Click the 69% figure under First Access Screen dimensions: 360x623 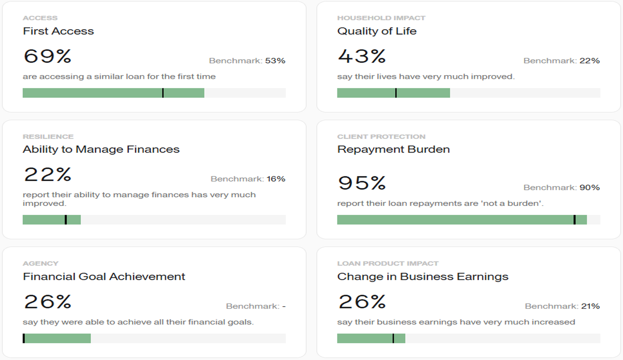pos(48,56)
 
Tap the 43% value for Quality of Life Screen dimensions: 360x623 pos(362,56)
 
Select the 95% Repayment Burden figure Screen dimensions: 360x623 pos(362,183)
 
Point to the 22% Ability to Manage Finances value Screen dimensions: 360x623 pos(48,174)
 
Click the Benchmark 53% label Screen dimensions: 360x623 pos(247,61)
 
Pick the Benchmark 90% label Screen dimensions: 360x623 pos(561,188)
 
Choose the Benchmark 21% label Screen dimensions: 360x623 pos(562,306)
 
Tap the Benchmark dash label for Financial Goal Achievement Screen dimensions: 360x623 pos(255,306)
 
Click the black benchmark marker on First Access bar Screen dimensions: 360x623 pos(163,93)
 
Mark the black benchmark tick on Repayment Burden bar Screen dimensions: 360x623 pos(574,220)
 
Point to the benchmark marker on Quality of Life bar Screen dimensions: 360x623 pos(396,93)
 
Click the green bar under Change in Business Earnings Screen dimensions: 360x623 pos(371,339)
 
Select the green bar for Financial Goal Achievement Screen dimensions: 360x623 pos(57,339)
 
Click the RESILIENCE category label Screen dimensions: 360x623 pos(48,137)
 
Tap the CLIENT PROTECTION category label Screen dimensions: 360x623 pos(381,137)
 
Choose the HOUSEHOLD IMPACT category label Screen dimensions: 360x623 pos(381,18)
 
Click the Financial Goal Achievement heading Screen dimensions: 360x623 pos(104,277)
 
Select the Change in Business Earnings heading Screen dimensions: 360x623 pos(422,277)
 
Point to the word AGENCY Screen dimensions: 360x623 pos(40,263)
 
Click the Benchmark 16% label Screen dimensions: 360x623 pos(248,179)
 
